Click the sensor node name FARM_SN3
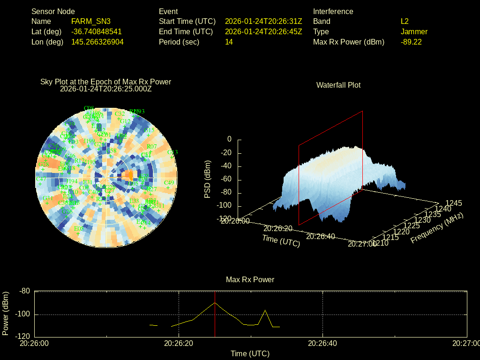90,22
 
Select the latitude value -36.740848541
96,32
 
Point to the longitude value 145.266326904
97,42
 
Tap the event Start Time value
263,22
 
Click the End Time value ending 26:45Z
263,32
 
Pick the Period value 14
229,42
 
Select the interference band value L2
405,22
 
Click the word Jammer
414,32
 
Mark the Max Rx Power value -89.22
411,42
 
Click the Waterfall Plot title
338,85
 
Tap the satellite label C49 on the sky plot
169,183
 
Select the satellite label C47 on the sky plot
41,179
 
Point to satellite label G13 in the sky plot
172,152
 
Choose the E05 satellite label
79,229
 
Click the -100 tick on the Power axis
23,314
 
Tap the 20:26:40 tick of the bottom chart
322,344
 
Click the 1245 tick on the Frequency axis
453,203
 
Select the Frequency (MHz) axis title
437,228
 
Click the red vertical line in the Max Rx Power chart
215,319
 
